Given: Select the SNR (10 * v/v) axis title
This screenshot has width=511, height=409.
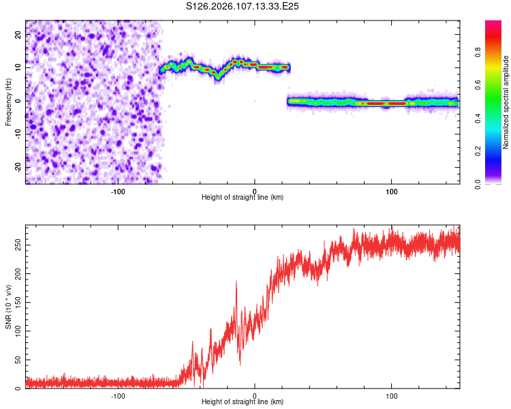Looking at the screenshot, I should (8, 307).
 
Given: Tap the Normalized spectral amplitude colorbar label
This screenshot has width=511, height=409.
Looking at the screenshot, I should (506, 102).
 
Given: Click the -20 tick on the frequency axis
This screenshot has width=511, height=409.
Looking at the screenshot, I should (17, 168).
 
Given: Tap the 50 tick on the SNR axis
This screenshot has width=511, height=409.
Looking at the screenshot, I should (17, 360).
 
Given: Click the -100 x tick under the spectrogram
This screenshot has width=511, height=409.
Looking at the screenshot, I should (117, 190).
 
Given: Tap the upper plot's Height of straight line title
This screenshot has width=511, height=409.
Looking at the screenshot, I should (243, 198).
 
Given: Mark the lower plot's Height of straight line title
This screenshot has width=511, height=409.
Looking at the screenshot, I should (243, 402).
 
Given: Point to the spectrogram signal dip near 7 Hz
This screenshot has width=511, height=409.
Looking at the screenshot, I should (218, 77).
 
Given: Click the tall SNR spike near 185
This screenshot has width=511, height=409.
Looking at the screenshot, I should (236, 282).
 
